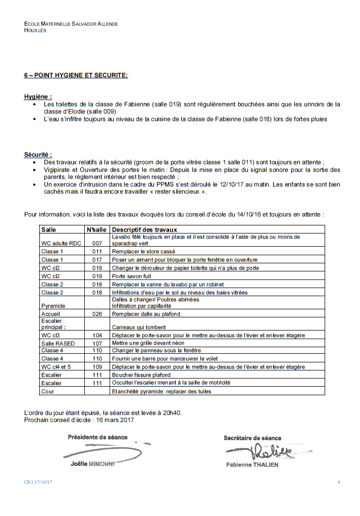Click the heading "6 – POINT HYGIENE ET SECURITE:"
[x=76, y=75]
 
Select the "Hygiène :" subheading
[x=38, y=97]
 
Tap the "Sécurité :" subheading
[x=38, y=155]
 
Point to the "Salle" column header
[x=49, y=229]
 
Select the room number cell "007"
[x=97, y=244]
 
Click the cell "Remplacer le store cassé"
[x=144, y=251]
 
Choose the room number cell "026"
[x=97, y=314]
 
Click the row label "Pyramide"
[x=53, y=306]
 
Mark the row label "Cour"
[x=47, y=391]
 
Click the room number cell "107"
[x=97, y=343]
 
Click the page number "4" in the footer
[x=339, y=482]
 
